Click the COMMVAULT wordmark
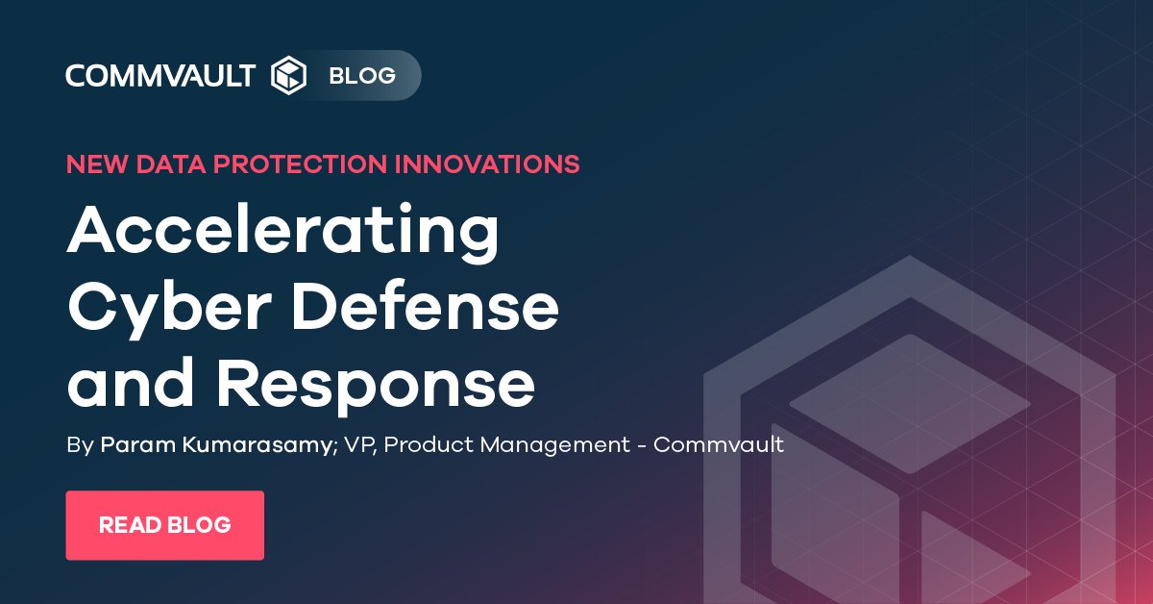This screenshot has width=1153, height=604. coord(160,75)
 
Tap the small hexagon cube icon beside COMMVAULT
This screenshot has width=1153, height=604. coord(288,75)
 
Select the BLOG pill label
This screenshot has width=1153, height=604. coord(362,75)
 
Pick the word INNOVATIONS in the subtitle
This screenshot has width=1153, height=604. coord(487,164)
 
